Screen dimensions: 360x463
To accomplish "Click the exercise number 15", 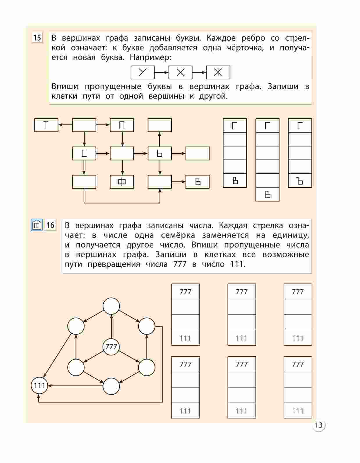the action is [37, 38].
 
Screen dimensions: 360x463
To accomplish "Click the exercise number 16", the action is [51, 225].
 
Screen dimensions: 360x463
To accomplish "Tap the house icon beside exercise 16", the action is [37, 225].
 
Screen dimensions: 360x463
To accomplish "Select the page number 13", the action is [319, 425].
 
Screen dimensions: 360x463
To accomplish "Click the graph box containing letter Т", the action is [46, 125].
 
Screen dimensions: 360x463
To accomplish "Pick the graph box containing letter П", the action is [122, 125].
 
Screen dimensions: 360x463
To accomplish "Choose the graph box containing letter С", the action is [84, 153].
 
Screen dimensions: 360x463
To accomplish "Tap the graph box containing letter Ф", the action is [122, 182].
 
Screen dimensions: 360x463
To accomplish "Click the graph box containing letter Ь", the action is [160, 153].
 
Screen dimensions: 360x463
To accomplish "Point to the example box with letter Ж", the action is [218, 72].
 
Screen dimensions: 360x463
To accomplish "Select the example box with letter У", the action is [142, 72].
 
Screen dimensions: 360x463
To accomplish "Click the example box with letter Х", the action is [180, 72].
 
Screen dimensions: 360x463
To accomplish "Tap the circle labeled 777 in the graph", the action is [111, 347].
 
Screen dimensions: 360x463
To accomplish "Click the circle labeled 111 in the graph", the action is [40, 385].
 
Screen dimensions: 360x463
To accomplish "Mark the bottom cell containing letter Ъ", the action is [300, 181].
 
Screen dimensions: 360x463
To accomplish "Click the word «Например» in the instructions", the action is [151, 57].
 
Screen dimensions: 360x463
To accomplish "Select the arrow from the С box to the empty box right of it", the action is [103, 153].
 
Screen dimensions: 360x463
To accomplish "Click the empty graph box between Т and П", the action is [84, 125].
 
